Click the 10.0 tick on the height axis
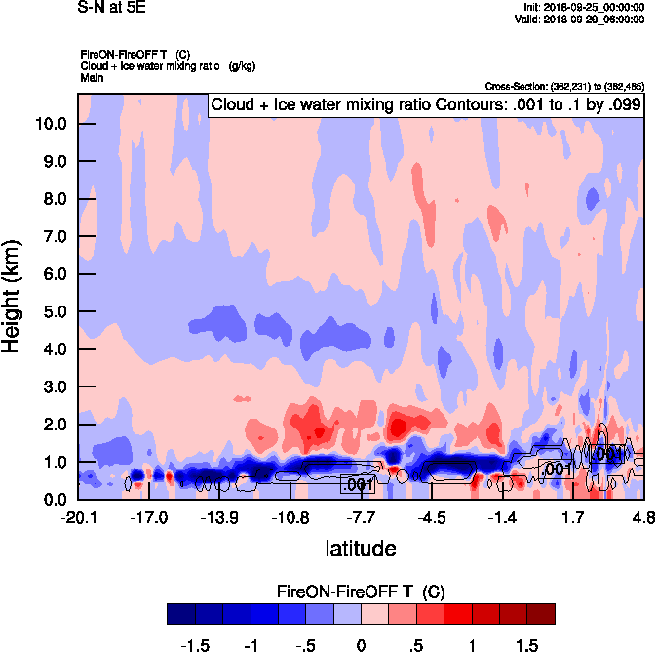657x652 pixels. coord(50,124)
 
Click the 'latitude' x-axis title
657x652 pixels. coord(361,549)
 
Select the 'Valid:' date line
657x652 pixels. coord(579,19)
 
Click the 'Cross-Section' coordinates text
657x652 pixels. coord(563,87)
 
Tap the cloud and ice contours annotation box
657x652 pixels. coord(425,105)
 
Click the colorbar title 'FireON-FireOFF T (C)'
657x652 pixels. coord(361,591)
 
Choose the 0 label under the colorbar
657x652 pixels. coord(361,646)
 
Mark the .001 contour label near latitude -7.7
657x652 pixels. coord(358,484)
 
